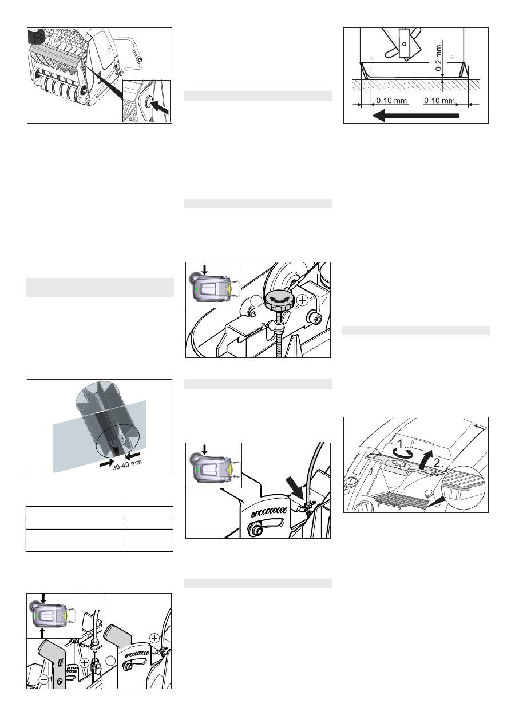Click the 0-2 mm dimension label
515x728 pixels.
pyautogui.click(x=438, y=58)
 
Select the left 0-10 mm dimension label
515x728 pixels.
pyautogui.click(x=391, y=100)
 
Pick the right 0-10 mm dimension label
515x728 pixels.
pyautogui.click(x=439, y=100)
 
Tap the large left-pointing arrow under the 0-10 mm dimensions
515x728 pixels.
pyautogui.click(x=415, y=115)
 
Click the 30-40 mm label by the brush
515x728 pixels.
pyautogui.click(x=127, y=464)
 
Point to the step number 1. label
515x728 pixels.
pyautogui.click(x=402, y=444)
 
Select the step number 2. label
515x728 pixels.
pyautogui.click(x=438, y=464)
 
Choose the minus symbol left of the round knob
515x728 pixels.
pyautogui.click(x=256, y=301)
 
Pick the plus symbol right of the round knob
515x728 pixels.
pyautogui.click(x=303, y=300)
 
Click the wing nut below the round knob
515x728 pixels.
pyautogui.click(x=272, y=327)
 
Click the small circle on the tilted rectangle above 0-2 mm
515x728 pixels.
pyautogui.click(x=404, y=44)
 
